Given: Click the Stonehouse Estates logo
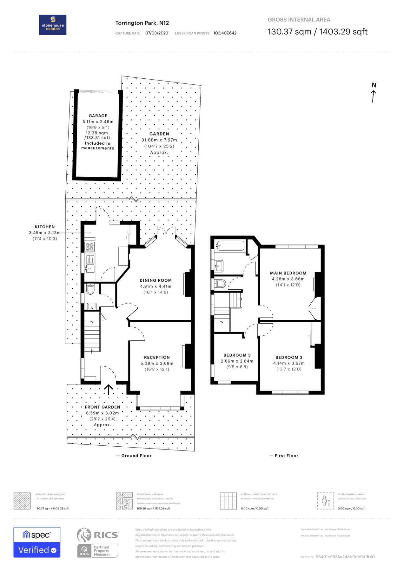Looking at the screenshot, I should pyautogui.click(x=53, y=25).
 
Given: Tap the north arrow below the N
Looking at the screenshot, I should pyautogui.click(x=374, y=96).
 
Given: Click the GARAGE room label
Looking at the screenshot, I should pyautogui.click(x=98, y=116).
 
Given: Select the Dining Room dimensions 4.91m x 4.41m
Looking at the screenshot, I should pyautogui.click(x=156, y=286).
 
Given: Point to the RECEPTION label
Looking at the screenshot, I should pyautogui.click(x=157, y=357).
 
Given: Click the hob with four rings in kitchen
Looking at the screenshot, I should pyautogui.click(x=90, y=246).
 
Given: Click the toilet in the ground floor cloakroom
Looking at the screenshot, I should pyautogui.click(x=90, y=289).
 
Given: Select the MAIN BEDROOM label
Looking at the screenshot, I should pyautogui.click(x=288, y=273).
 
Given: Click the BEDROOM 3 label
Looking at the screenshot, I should pyautogui.click(x=237, y=355).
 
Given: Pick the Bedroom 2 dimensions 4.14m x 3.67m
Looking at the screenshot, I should pyautogui.click(x=289, y=363).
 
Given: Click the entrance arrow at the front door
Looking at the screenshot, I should pyautogui.click(x=108, y=390).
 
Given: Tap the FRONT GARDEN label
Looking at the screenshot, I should pyautogui.click(x=102, y=407).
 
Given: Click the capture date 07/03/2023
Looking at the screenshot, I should pyautogui.click(x=157, y=33).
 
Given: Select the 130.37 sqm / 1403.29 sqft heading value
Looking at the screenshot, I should pyautogui.click(x=317, y=32).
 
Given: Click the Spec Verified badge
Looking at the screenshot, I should pyautogui.click(x=37, y=542).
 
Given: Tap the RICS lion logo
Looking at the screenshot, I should pyautogui.click(x=84, y=535).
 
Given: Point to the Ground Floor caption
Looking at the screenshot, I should pyautogui.click(x=136, y=456).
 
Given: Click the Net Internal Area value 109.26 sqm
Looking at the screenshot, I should pyautogui.click(x=153, y=509).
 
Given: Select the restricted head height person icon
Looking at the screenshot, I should pyautogui.click(x=325, y=501).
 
